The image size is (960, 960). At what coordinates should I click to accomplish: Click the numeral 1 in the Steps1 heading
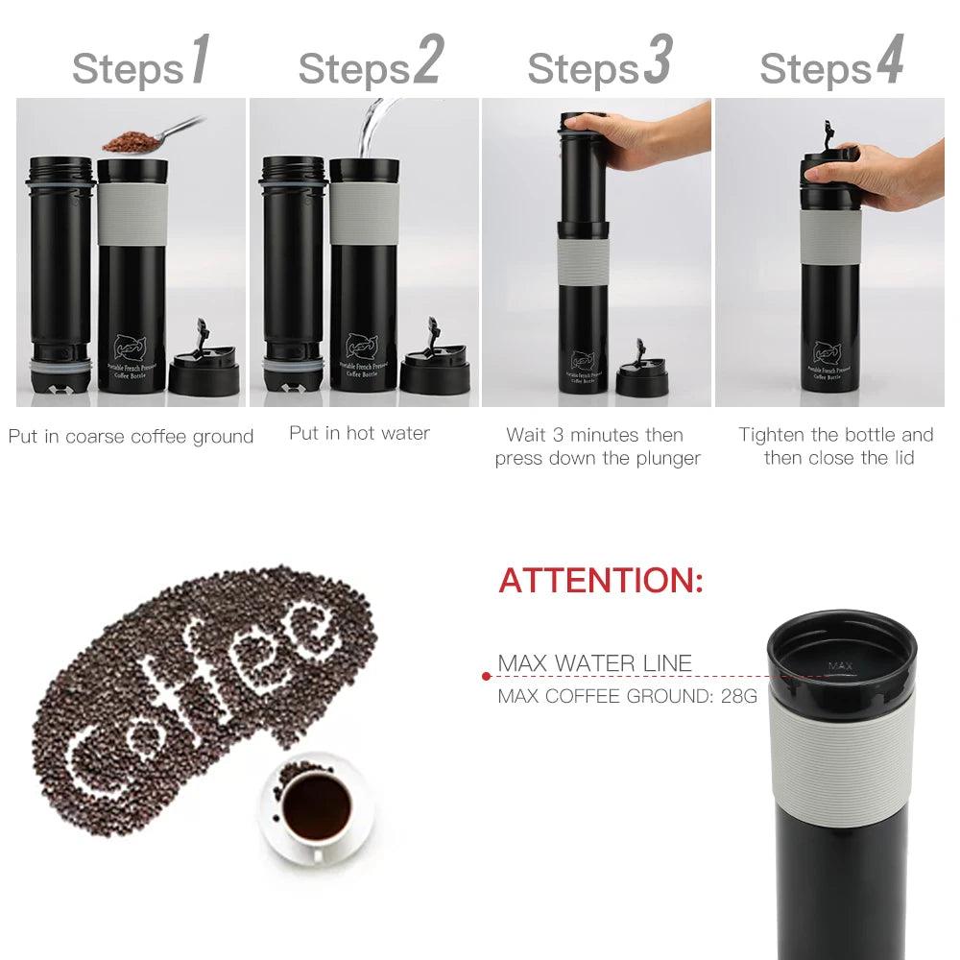coord(200,61)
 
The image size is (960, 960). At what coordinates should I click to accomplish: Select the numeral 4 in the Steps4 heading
coord(889,61)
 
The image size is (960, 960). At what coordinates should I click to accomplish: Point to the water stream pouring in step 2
coord(366,130)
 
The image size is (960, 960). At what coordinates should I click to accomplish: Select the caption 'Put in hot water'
coord(359,433)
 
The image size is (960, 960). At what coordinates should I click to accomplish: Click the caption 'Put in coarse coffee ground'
coord(131,437)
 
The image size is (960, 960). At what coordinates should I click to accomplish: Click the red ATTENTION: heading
coord(601,581)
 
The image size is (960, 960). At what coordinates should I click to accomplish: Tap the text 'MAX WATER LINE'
coord(594,663)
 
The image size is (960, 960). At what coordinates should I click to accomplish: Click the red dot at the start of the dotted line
coord(486,677)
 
